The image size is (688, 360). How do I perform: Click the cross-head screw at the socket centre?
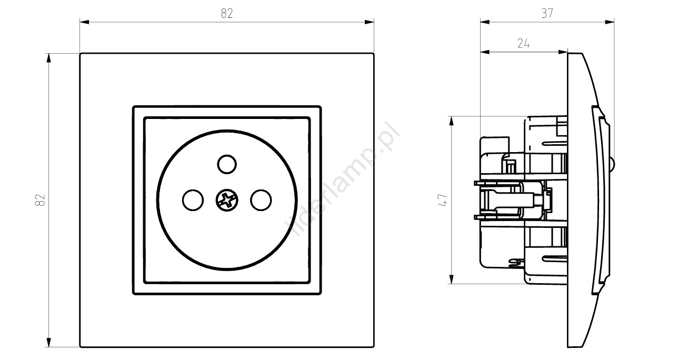coord(227,201)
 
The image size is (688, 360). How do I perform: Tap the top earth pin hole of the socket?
coord(227,164)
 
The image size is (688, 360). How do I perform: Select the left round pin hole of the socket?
coord(193,201)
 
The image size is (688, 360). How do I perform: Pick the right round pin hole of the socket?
coord(261,201)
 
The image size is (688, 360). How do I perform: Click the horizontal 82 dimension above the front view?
coord(227,14)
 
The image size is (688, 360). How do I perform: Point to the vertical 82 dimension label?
coord(41,200)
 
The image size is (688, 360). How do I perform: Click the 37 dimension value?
coord(547,14)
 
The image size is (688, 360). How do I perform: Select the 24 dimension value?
coord(524,44)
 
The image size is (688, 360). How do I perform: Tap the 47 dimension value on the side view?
coord(443,200)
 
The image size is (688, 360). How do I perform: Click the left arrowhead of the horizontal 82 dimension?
coord(84,22)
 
